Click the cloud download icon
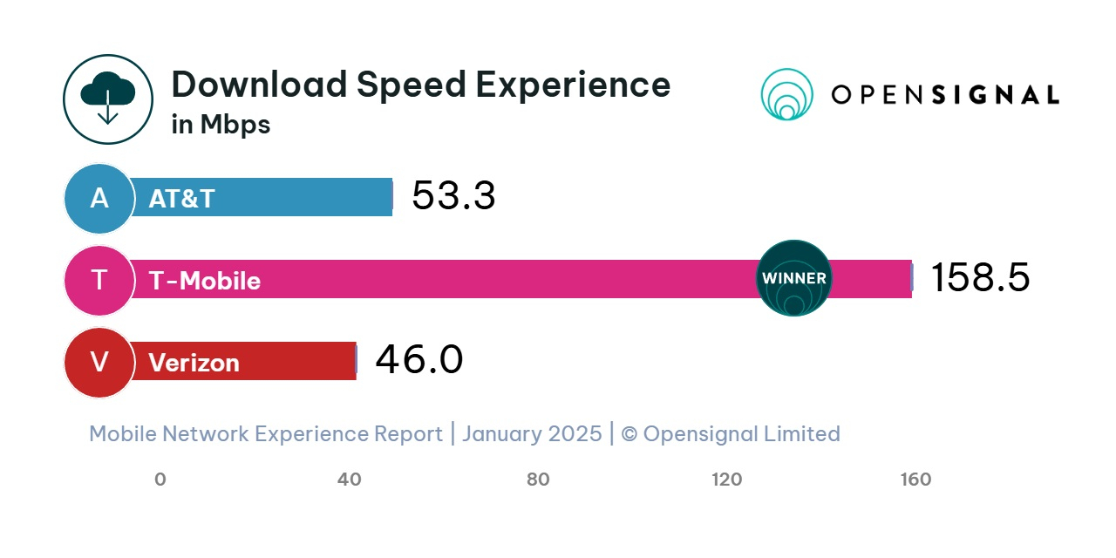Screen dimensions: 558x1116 pyautogui.click(x=107, y=99)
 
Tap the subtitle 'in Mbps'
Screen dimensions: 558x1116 pyautogui.click(x=221, y=125)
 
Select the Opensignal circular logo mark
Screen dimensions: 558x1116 pyautogui.click(x=786, y=94)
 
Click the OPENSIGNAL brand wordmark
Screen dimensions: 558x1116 pyautogui.click(x=945, y=95)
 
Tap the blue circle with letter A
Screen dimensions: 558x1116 pyautogui.click(x=99, y=199)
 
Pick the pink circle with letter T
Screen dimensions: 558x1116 pyautogui.click(x=99, y=280)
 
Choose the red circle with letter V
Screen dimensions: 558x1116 pyautogui.click(x=99, y=362)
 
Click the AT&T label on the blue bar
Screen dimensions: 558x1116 pyautogui.click(x=181, y=199)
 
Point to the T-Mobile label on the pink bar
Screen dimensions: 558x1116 pyautogui.click(x=205, y=281)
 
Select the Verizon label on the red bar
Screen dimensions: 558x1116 pyautogui.click(x=194, y=363)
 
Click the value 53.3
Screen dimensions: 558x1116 pyautogui.click(x=453, y=196)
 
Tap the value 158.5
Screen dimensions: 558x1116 pyautogui.click(x=980, y=278)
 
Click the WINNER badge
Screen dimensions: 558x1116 pyautogui.click(x=793, y=278)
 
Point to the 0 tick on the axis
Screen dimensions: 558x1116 pyautogui.click(x=160, y=480)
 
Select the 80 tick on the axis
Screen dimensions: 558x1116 pyautogui.click(x=538, y=480)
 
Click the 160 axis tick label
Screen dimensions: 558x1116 pyautogui.click(x=915, y=480)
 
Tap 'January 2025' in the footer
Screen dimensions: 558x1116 pyautogui.click(x=532, y=433)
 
